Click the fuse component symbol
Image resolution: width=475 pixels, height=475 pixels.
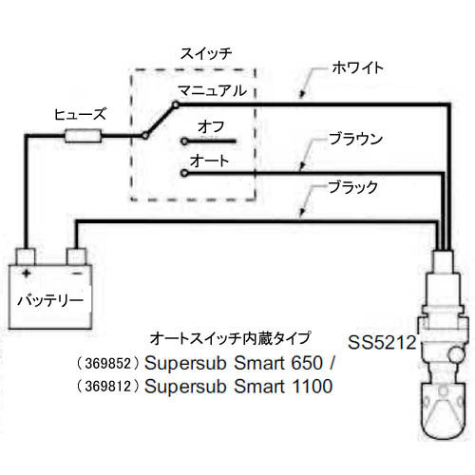84,136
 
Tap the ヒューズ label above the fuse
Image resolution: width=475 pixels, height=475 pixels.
80,115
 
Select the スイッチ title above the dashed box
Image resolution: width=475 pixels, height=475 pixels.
206,53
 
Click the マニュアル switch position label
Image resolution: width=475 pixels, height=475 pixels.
212,90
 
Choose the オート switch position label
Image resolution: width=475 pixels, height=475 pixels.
209,161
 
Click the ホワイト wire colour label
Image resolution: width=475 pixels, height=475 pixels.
358,67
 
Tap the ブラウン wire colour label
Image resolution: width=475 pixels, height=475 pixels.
355,139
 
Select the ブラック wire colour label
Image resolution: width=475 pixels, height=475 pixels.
352,187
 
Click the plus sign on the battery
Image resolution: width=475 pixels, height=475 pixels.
27,273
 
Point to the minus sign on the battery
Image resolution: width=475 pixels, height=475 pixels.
77,273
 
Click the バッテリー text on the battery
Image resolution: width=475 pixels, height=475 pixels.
50,300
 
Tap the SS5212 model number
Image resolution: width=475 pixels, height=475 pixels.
382,342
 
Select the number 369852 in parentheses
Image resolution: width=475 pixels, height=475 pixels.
108,364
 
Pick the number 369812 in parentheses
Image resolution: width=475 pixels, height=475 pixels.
108,387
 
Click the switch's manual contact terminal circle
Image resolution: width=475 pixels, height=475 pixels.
176,104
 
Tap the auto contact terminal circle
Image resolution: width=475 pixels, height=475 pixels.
184,173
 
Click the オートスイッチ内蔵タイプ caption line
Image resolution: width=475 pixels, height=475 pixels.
230,338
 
